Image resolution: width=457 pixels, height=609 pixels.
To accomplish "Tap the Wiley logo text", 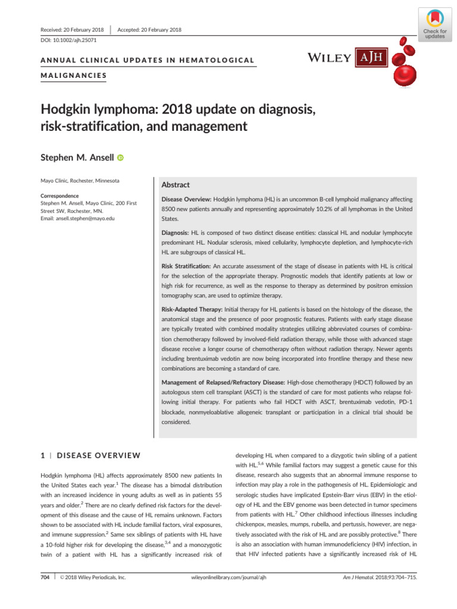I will click(x=329, y=58).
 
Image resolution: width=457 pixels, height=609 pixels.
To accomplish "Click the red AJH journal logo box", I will click(x=372, y=58).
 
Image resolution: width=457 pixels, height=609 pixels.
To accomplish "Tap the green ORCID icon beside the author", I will click(x=121, y=158).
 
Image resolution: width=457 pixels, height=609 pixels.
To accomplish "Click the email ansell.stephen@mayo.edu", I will click(x=77, y=218).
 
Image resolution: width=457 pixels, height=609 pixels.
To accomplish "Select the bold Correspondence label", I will click(x=60, y=195).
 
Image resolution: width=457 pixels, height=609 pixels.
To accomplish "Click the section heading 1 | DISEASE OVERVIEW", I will click(x=90, y=456).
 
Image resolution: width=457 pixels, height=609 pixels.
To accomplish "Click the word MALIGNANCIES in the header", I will click(x=74, y=76).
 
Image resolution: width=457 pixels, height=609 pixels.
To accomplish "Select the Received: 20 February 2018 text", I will click(x=71, y=30).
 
